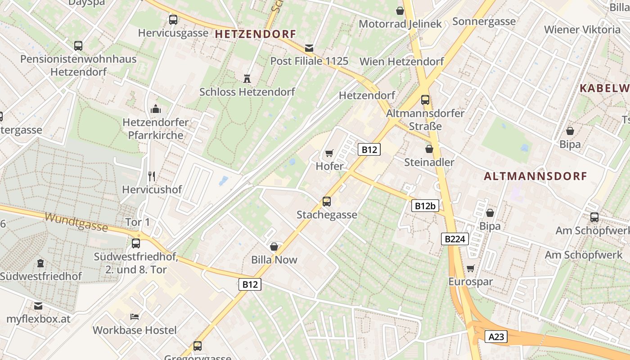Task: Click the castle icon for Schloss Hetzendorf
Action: (x=247, y=79)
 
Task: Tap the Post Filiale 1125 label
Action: (x=309, y=61)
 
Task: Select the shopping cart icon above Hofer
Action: (x=329, y=153)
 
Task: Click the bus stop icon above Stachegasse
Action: (x=327, y=202)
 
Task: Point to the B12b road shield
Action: (x=425, y=206)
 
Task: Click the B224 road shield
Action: (x=454, y=239)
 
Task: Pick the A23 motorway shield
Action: (x=496, y=337)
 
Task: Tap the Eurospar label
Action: (x=471, y=282)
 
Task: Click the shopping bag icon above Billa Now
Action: (x=274, y=247)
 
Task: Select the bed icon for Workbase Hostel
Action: (x=135, y=317)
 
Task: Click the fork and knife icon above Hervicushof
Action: (x=152, y=176)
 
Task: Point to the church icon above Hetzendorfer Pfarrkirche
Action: (x=156, y=109)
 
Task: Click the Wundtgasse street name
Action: (x=76, y=222)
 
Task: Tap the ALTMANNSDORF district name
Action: (x=535, y=176)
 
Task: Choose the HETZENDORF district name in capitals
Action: (x=256, y=34)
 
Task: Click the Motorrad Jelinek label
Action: (x=400, y=24)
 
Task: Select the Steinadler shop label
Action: (x=429, y=162)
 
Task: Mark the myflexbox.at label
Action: (x=39, y=319)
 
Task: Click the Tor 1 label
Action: (x=138, y=222)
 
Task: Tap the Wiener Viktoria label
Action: (x=582, y=30)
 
